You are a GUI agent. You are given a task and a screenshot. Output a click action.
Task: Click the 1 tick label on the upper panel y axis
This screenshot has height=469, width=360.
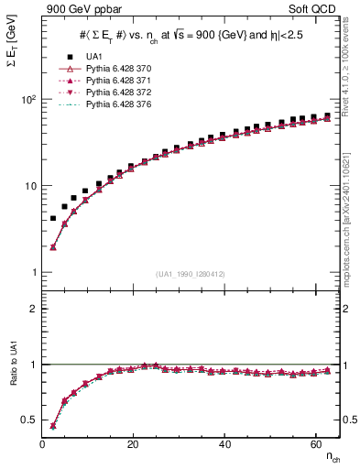(33, 272)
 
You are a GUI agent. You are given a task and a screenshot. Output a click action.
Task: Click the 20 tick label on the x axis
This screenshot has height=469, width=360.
(134, 444)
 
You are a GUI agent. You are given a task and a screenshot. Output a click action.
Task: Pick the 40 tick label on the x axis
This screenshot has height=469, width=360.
(224, 444)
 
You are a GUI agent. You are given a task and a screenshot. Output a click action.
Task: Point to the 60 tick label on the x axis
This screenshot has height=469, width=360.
(315, 444)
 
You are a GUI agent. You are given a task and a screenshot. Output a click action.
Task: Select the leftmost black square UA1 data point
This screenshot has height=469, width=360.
(53, 218)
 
